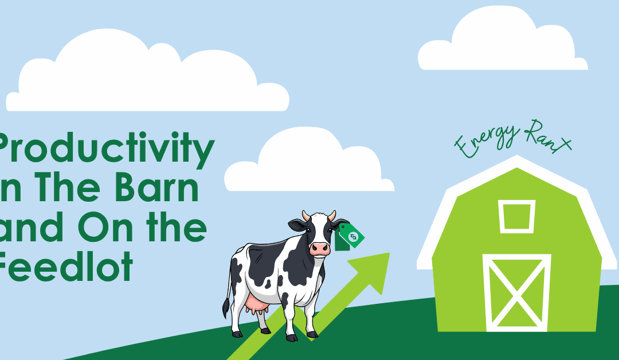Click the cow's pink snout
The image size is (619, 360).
click(320, 248)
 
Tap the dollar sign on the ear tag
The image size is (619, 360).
click(352, 236)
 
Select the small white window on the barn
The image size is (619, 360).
click(516, 216)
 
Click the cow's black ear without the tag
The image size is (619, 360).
click(297, 225)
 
